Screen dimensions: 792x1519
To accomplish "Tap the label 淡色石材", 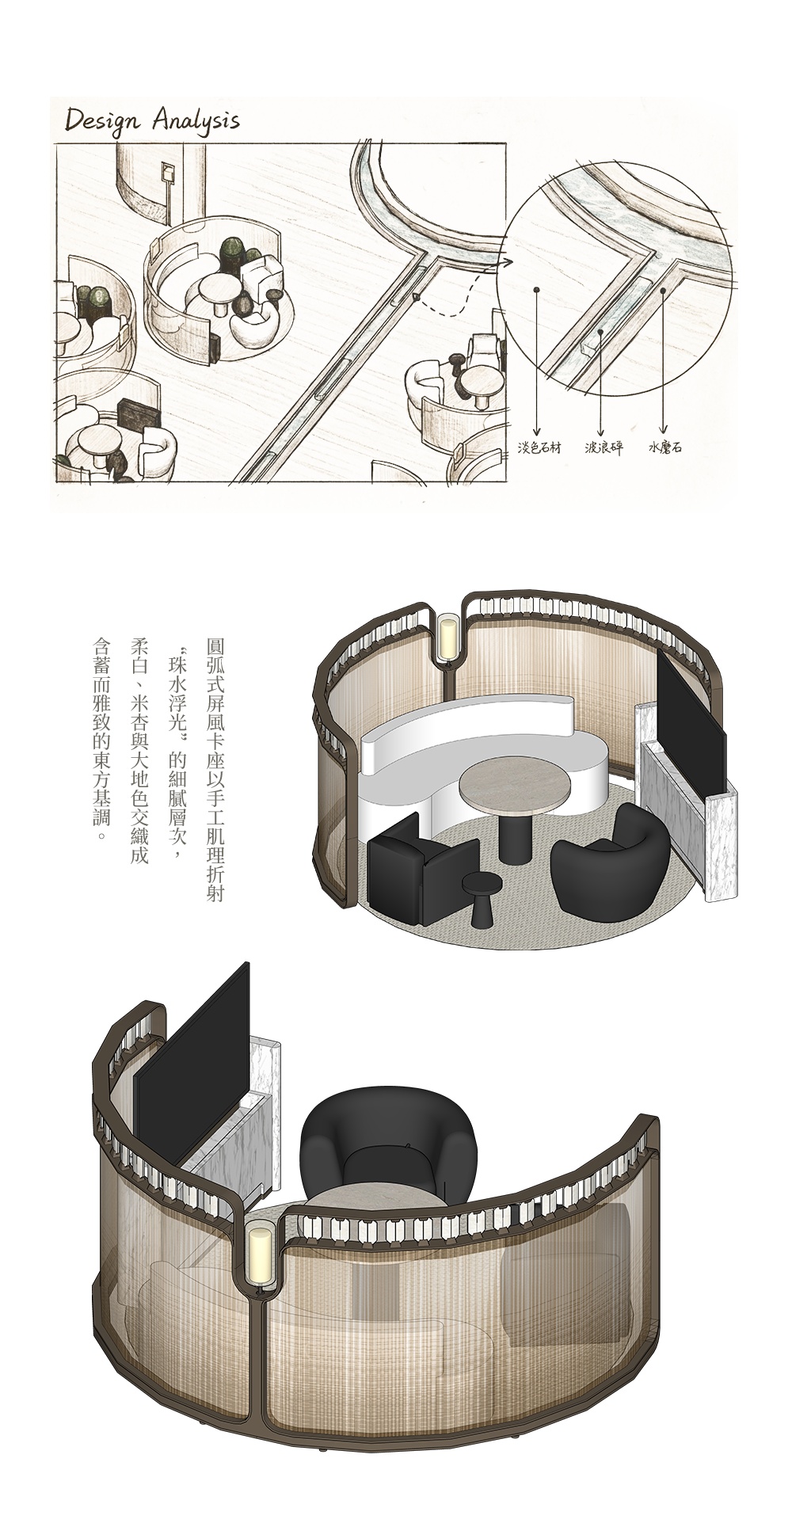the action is click(x=539, y=447).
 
